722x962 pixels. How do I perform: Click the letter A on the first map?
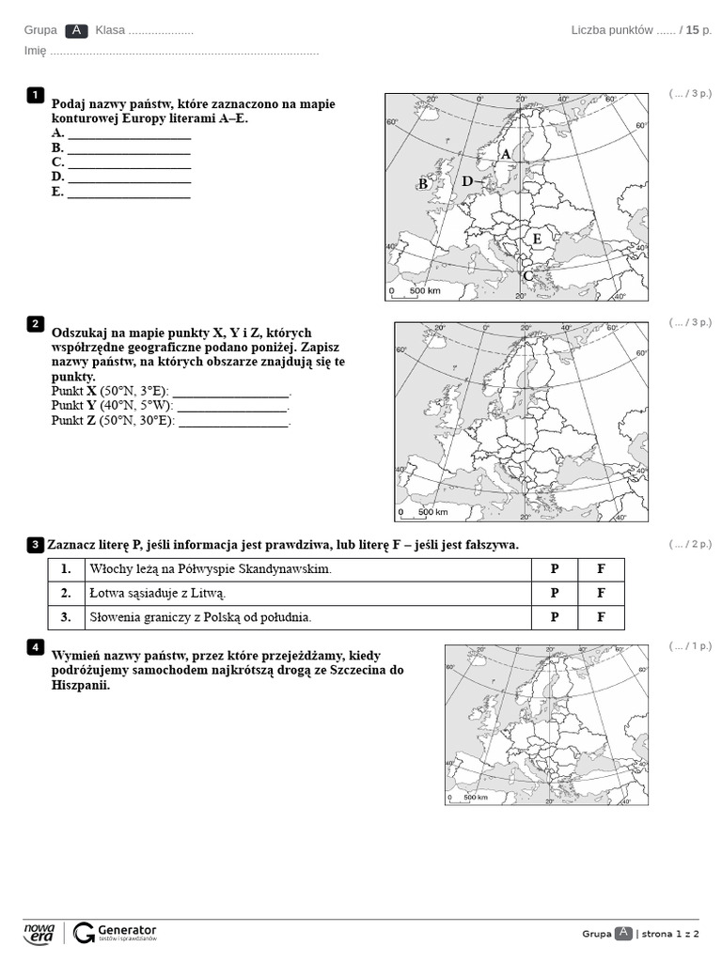coord(505,154)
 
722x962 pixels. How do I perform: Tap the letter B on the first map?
coord(423,184)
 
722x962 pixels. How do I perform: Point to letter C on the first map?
coord(528,275)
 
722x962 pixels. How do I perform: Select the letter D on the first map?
coord(467,181)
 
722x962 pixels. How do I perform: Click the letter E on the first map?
coord(537,239)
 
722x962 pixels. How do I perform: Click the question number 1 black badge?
coord(35,94)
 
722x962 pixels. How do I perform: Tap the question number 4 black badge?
coord(35,646)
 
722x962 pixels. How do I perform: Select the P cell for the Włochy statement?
coord(554,569)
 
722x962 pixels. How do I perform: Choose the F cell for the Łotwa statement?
coord(601,594)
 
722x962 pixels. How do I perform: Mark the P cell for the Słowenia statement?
coord(554,617)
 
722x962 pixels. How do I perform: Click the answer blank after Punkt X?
coord(231,392)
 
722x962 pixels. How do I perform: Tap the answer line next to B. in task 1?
coord(129,148)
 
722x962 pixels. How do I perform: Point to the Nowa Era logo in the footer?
coord(39,932)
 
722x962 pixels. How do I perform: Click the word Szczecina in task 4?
coord(358,670)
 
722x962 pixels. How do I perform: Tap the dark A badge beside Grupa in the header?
coord(76,30)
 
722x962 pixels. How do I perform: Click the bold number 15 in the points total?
coord(693,30)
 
